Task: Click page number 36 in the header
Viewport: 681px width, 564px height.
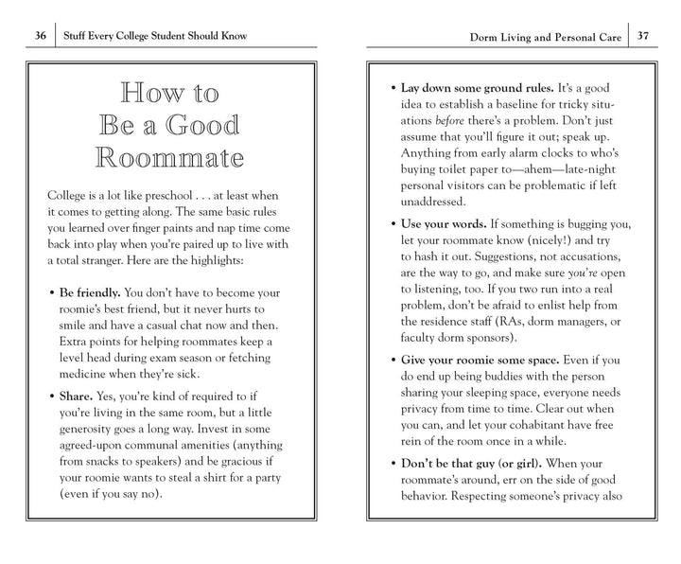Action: [41, 36]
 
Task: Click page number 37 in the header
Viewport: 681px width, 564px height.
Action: [642, 37]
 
